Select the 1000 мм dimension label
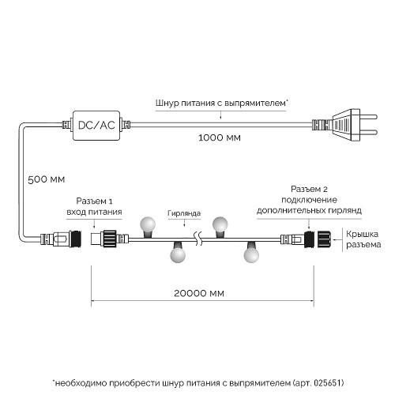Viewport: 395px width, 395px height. pyautogui.click(x=220, y=137)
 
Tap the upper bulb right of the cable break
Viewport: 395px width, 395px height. pyautogui.click(x=221, y=224)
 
